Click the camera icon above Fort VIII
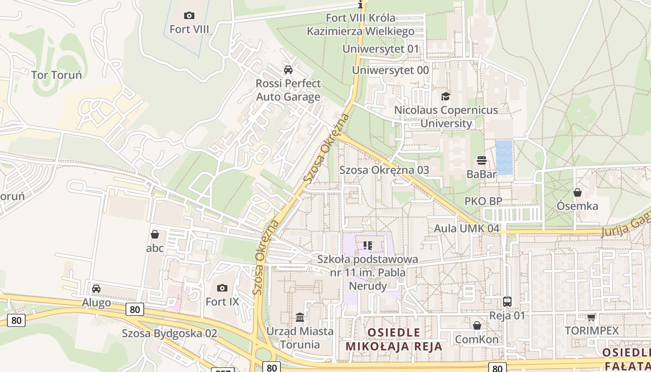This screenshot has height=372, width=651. [189, 16]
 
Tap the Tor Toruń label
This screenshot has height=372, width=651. [56, 75]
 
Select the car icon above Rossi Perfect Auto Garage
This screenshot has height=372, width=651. [288, 70]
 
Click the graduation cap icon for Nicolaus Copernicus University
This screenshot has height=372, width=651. [446, 96]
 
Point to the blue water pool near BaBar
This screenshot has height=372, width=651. [504, 158]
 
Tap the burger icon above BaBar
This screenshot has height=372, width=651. [482, 161]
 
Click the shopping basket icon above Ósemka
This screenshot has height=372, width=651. [578, 193]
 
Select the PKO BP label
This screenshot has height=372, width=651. [483, 201]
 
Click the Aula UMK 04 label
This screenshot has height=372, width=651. [466, 229]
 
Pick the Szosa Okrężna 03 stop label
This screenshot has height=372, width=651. [384, 170]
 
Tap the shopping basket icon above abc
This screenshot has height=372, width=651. [155, 234]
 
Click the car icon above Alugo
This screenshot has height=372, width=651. [96, 289]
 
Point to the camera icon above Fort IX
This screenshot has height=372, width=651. [222, 288]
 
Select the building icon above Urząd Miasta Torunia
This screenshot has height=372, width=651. [300, 317]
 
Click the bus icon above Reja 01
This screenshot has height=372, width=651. [507, 302]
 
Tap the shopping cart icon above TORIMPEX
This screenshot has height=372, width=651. [591, 318]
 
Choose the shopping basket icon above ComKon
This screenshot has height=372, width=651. [477, 325]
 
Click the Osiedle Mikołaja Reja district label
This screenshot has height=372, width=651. [394, 339]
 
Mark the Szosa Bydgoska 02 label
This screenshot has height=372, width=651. [169, 333]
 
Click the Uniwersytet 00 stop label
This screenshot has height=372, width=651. [390, 70]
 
